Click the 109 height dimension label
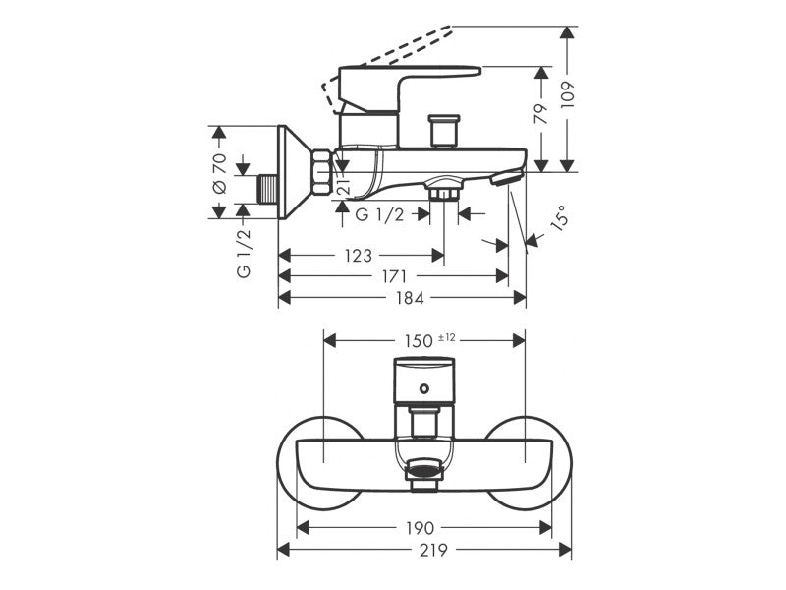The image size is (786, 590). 567,94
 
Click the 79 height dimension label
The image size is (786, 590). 541,114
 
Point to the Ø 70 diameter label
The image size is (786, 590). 219,174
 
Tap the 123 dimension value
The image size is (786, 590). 358,256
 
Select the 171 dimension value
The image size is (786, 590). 394,276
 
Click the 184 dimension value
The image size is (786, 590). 410,299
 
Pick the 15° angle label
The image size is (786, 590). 560,216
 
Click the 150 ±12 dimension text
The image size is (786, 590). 430,340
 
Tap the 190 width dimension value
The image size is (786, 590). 420,528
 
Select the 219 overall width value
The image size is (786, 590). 433,551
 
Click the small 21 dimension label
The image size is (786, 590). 343,185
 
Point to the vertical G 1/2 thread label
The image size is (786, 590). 243,253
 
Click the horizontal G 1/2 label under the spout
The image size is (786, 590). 379,215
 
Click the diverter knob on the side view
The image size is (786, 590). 444,132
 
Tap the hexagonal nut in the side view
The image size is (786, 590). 321,172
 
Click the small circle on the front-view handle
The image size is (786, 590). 424,387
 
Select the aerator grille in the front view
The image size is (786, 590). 424,471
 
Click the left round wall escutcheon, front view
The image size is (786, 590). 320,463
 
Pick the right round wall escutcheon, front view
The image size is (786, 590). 529,463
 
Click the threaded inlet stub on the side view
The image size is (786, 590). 268,189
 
